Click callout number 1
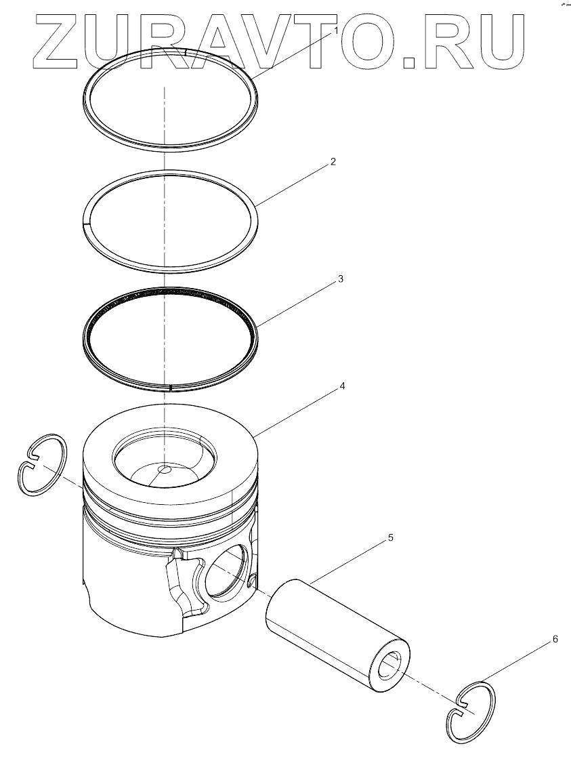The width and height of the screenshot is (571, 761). pyautogui.click(x=335, y=32)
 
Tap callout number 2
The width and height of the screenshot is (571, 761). pyautogui.click(x=333, y=161)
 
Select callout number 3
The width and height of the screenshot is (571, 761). pyautogui.click(x=341, y=279)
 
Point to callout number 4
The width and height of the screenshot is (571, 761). pyautogui.click(x=342, y=386)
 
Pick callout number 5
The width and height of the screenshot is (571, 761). pyautogui.click(x=390, y=538)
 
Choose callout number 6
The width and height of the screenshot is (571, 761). pyautogui.click(x=555, y=639)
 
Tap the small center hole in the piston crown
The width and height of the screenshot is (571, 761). pyautogui.click(x=165, y=470)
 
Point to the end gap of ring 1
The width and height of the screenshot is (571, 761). pyautogui.click(x=186, y=50)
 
